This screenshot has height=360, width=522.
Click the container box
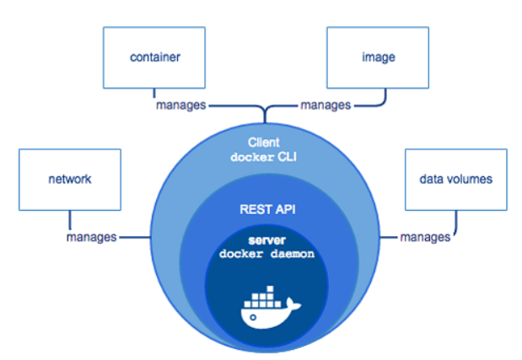pyautogui.click(x=154, y=57)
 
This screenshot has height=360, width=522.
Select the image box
pyautogui.click(x=378, y=57)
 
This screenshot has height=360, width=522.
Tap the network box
pyautogui.click(x=70, y=180)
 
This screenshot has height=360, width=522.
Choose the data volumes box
pyautogui.click(x=456, y=180)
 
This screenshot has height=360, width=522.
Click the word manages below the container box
pyautogui.click(x=181, y=105)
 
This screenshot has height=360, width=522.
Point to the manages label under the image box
pyautogui.click(x=326, y=105)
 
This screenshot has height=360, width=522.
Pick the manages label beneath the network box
pyautogui.click(x=92, y=238)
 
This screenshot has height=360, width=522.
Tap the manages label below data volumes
pyautogui.click(x=425, y=238)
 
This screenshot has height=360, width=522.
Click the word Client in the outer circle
pyautogui.click(x=264, y=142)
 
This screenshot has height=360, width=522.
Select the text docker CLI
pyautogui.click(x=264, y=157)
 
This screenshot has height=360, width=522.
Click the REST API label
pyautogui.click(x=267, y=210)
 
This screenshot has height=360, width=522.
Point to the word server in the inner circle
pyautogui.click(x=267, y=240)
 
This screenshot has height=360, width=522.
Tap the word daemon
pyautogui.click(x=293, y=255)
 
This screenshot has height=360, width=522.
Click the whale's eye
pyautogui.click(x=253, y=317)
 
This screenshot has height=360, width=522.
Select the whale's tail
pyautogui.click(x=293, y=304)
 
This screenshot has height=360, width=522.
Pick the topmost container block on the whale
pyautogui.click(x=271, y=289)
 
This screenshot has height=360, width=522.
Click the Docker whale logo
pyautogui.click(x=271, y=307)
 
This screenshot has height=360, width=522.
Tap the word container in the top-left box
pyautogui.click(x=155, y=57)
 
